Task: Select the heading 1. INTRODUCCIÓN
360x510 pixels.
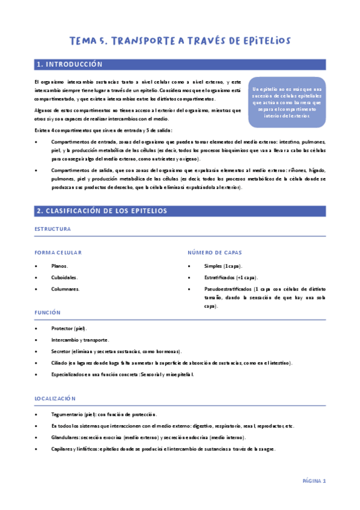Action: [x=70, y=64]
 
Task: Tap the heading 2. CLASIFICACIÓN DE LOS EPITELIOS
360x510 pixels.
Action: [x=102, y=211]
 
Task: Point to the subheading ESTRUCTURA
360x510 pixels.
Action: [x=53, y=229]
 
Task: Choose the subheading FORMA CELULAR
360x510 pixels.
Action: [x=58, y=253]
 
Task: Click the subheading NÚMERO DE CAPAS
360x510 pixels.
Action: [x=213, y=253]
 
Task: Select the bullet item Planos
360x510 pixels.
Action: [x=59, y=266]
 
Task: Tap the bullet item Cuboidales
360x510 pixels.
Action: [x=64, y=277]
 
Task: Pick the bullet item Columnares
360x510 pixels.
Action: [x=65, y=289]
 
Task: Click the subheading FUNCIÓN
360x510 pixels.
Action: [x=47, y=313]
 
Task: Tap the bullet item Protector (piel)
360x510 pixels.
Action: [x=69, y=328]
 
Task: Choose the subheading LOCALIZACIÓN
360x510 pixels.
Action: [x=55, y=398]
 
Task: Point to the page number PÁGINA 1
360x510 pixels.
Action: [x=314, y=481]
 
